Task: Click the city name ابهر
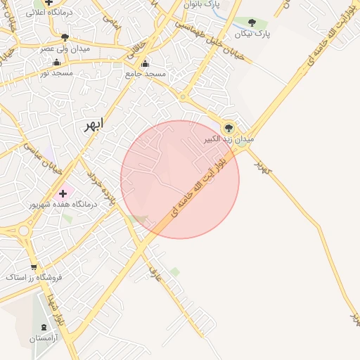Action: (91, 124)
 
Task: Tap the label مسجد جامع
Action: (146, 74)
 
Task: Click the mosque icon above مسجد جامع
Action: (146, 64)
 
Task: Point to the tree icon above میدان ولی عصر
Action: (65, 37)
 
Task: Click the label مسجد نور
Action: (55, 72)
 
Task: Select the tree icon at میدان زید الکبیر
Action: (229, 127)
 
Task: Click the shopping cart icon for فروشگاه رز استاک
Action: (34, 266)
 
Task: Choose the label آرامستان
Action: (46, 338)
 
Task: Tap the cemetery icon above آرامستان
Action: (46, 327)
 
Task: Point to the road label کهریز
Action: (262, 167)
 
